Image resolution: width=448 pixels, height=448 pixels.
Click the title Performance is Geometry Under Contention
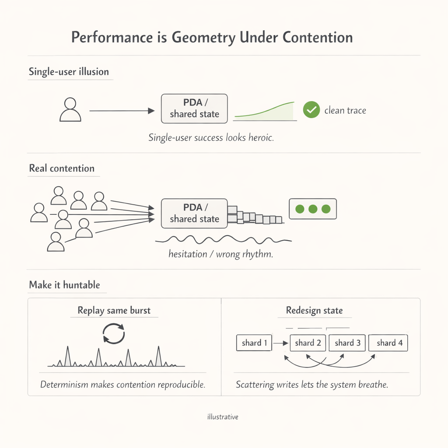(212, 38)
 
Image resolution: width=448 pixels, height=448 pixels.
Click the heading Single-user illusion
(69, 72)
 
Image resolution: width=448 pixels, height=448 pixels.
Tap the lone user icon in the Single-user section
(70, 110)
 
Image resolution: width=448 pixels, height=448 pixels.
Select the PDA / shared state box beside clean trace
(194, 108)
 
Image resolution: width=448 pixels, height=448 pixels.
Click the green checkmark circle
(311, 110)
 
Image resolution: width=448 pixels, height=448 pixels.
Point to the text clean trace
(345, 110)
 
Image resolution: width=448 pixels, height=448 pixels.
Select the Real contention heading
(62, 168)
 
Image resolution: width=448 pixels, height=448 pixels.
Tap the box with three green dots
(312, 209)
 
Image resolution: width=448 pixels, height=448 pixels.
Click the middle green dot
(312, 209)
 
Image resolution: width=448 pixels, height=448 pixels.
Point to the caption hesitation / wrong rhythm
(220, 254)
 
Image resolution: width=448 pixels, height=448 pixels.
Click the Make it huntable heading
(64, 285)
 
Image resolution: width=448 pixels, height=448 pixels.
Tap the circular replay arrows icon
(114, 333)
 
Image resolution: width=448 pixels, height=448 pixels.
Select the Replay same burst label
(114, 311)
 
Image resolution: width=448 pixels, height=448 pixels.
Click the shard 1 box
(254, 343)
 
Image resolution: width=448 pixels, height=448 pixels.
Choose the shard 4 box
(389, 343)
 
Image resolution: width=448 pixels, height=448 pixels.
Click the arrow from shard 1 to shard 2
(280, 343)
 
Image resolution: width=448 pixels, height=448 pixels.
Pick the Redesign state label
(314, 311)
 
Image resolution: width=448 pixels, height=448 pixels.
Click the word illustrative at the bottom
(223, 417)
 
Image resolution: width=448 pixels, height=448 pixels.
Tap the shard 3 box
(347, 343)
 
